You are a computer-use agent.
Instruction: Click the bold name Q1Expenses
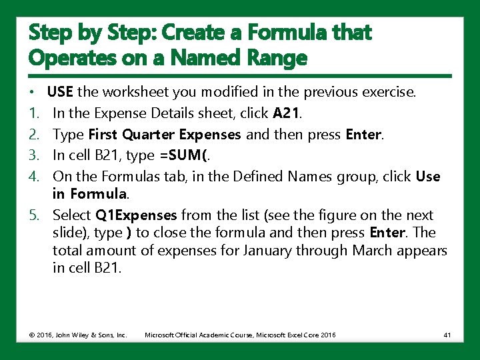coord(136,215)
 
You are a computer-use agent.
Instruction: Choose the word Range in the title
coord(276,58)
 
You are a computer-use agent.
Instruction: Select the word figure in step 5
coord(341,215)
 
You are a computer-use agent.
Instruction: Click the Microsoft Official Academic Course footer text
coord(240,334)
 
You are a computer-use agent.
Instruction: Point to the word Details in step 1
coord(163,113)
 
